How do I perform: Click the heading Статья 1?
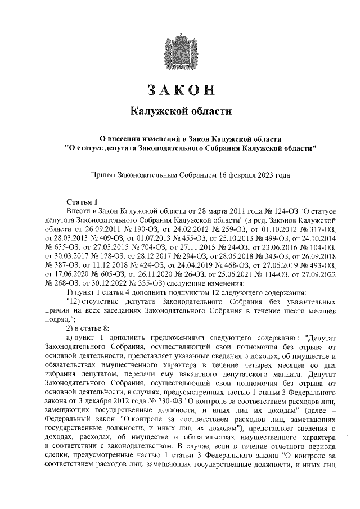click(82, 201)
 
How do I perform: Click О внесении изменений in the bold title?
click(132, 138)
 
